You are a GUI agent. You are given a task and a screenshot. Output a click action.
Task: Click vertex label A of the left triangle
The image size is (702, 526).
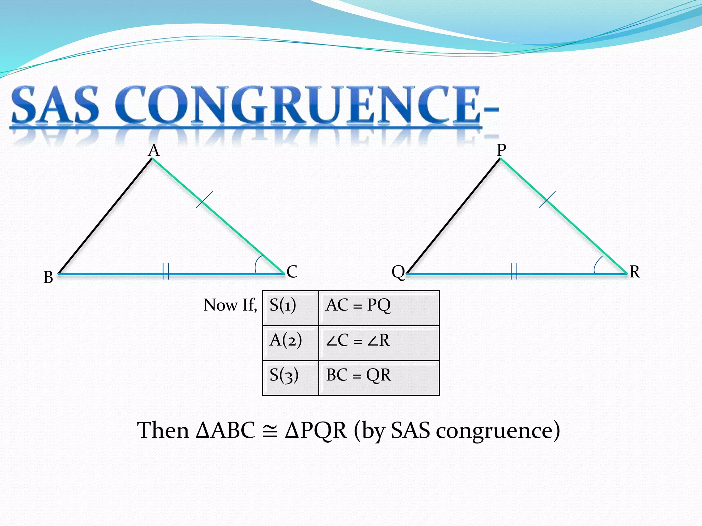(x=154, y=150)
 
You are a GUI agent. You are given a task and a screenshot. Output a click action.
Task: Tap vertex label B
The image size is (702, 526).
(x=48, y=277)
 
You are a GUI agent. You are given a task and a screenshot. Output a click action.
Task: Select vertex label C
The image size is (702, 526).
(x=292, y=272)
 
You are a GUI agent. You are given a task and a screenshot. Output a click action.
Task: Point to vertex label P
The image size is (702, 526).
(x=501, y=150)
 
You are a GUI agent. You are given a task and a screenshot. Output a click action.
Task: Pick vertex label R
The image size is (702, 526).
(x=634, y=272)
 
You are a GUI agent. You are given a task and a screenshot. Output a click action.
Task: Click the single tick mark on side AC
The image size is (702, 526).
(x=204, y=199)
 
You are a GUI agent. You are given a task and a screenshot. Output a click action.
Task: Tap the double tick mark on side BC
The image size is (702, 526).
(x=166, y=271)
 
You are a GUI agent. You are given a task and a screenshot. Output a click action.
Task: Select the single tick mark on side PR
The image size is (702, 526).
(x=547, y=199)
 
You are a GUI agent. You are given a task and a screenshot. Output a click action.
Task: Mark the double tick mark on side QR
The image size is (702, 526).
(x=514, y=271)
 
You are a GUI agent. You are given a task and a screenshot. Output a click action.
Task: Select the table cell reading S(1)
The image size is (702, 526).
(x=290, y=308)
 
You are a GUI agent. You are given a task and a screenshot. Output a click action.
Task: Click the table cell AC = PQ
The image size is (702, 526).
(x=379, y=308)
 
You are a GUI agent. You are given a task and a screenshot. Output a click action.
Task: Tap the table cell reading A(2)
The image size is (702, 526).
(x=290, y=343)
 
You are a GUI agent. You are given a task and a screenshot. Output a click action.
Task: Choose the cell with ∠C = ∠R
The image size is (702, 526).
(x=379, y=343)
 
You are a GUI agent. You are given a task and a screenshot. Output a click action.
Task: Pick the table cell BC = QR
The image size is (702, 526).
(x=379, y=378)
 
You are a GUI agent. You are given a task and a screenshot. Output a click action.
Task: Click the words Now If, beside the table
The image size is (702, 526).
(x=230, y=305)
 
